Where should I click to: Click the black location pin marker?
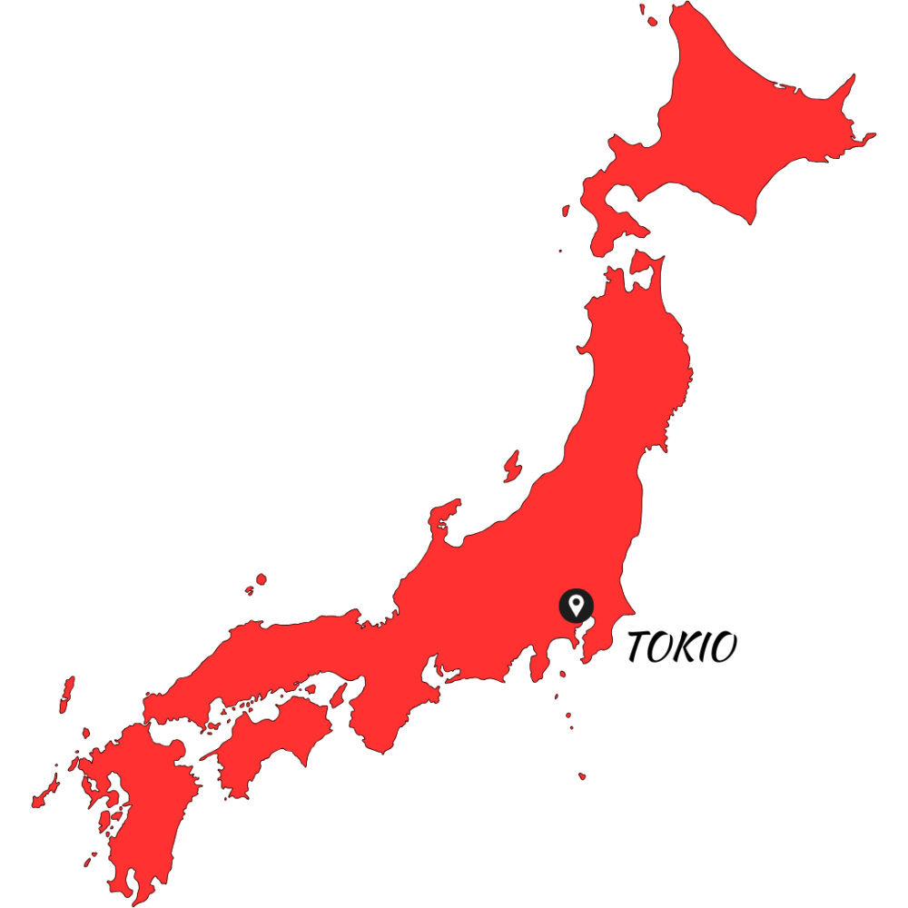pos(576,605)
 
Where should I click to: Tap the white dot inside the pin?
pos(576,601)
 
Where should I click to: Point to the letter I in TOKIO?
pos(707,647)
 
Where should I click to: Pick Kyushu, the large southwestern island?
pos(136,799)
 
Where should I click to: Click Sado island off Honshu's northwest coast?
pos(513,465)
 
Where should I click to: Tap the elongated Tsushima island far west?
pos(66,695)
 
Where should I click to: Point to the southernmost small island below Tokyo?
pos(582,776)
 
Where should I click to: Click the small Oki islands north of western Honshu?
pos(260,580)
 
